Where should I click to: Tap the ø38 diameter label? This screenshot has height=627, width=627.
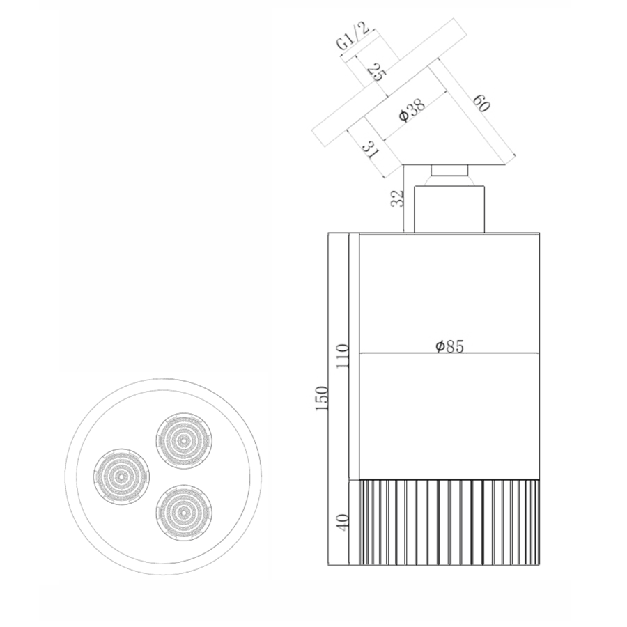coord(412,110)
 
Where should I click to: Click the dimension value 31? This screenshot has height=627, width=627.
coord(371,150)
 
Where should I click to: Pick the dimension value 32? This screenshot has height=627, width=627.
coord(397,198)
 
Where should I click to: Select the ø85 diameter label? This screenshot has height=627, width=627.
coord(450,346)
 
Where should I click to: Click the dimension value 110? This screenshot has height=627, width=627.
coord(343,356)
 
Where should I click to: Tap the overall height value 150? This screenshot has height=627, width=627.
coord(321,398)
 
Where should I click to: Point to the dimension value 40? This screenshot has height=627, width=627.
coord(343,522)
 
